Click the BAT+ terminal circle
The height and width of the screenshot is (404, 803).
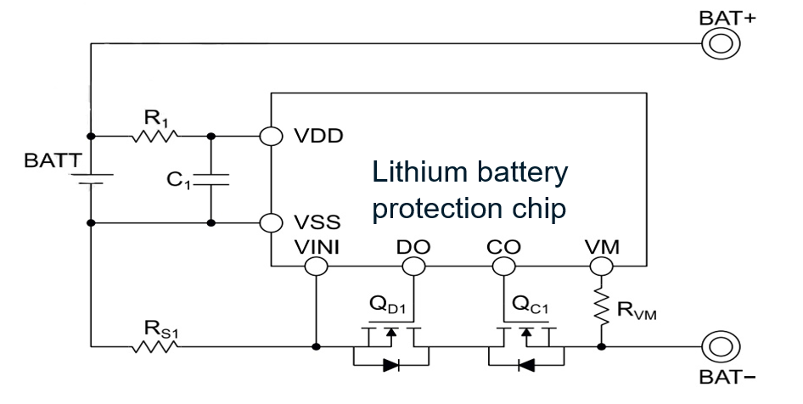(715, 45)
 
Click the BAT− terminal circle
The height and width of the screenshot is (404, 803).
(715, 346)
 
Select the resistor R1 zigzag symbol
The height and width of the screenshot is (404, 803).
(154, 135)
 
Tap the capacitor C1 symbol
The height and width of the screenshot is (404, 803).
(211, 180)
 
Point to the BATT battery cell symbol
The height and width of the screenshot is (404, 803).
(90, 180)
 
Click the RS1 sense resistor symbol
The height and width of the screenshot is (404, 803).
(154, 346)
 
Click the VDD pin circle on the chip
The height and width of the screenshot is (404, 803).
(271, 135)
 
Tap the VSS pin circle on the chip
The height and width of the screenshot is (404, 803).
(271, 223)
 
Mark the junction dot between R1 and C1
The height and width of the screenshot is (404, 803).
(211, 135)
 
